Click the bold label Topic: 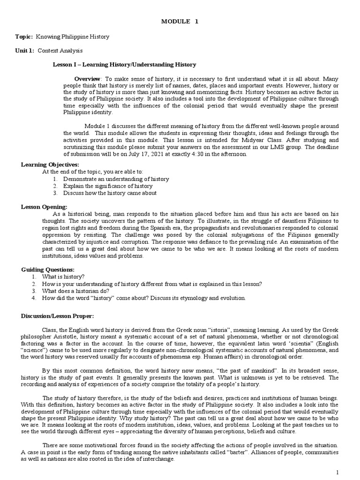[23, 36]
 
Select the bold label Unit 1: [24, 50]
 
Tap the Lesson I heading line [124, 64]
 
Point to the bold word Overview [88, 78]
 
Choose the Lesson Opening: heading [45, 207]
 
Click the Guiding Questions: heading [48, 270]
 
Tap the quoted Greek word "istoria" [231, 330]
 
